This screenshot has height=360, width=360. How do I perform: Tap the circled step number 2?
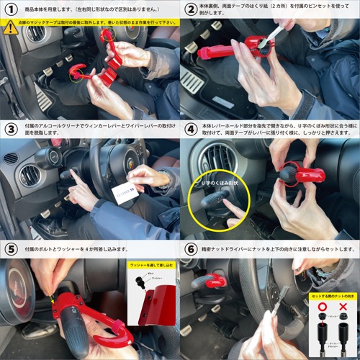(x=191, y=9)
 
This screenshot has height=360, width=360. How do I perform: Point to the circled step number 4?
(x=191, y=130)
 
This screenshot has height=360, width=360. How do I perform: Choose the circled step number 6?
(x=191, y=249)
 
